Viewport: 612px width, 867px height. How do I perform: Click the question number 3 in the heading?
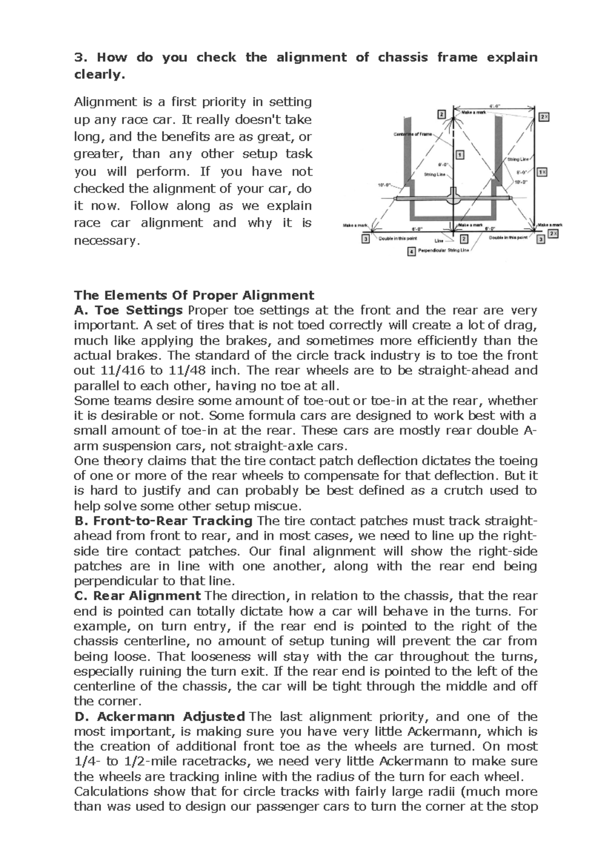(x=78, y=57)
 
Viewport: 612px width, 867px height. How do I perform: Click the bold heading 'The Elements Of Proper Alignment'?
(x=194, y=295)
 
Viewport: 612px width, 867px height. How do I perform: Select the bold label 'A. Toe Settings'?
(x=128, y=310)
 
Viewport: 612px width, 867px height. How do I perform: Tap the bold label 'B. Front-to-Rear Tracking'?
(x=163, y=521)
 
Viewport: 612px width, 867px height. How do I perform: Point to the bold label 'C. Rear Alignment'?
(x=137, y=596)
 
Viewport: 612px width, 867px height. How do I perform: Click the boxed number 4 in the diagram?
(x=412, y=252)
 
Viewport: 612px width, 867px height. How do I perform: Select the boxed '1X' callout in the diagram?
(x=542, y=172)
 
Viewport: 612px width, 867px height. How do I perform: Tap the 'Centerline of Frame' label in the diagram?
(x=413, y=134)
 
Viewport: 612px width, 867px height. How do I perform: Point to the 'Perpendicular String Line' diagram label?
(x=443, y=251)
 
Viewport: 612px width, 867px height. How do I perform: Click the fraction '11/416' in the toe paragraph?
(x=123, y=370)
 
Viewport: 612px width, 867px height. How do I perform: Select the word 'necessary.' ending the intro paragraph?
(x=107, y=240)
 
